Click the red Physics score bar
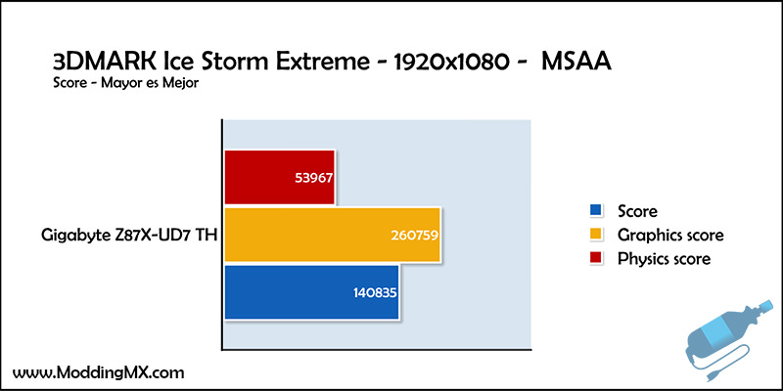[279, 177]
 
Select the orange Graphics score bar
[332, 235]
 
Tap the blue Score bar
[311, 291]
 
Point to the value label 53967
[313, 178]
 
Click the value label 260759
[414, 235]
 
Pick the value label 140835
[375, 292]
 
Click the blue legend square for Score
[596, 210]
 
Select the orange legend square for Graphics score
[596, 234]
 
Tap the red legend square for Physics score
[596, 258]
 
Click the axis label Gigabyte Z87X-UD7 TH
[129, 235]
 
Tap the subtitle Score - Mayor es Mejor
[126, 83]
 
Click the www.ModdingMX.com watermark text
[98, 372]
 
